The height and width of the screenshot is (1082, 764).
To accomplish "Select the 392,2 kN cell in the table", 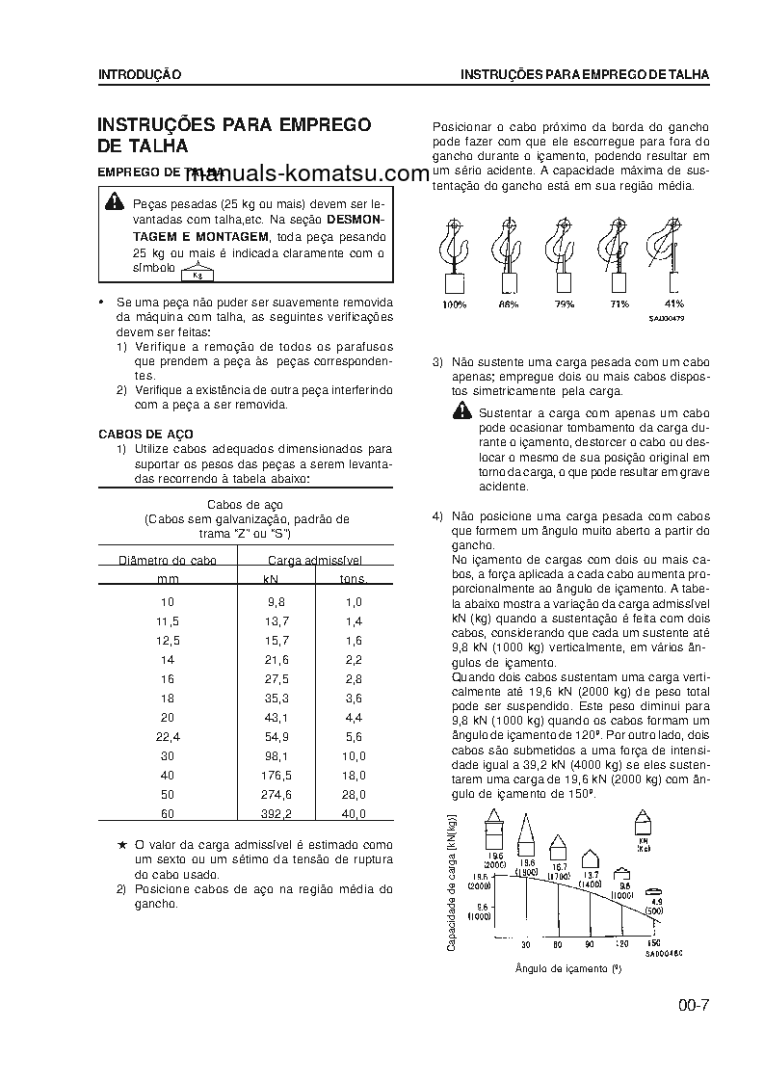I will pyautogui.click(x=277, y=813).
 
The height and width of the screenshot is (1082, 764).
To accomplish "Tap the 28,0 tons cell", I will pyautogui.click(x=354, y=794).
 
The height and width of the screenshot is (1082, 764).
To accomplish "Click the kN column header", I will pyautogui.click(x=271, y=579).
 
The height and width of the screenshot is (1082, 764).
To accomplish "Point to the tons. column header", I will pyautogui.click(x=354, y=579).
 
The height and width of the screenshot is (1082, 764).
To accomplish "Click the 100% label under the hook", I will pyautogui.click(x=455, y=304).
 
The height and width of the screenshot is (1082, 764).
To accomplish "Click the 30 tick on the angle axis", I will pyautogui.click(x=526, y=943).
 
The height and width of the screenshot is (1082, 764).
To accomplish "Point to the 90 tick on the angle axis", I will pyautogui.click(x=589, y=943).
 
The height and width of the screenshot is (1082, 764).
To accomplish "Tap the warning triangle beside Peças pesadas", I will pyautogui.click(x=115, y=201).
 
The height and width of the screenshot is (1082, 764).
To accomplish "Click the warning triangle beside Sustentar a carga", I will pyautogui.click(x=464, y=413).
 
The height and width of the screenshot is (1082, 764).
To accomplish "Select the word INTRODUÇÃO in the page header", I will pyautogui.click(x=140, y=74).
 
